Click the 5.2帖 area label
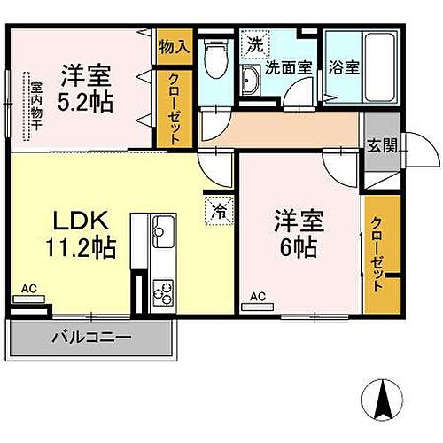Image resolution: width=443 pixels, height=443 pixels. point(87,102)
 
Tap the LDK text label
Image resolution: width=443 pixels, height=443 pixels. point(82,220)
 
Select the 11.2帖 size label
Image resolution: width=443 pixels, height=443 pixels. point(82,247)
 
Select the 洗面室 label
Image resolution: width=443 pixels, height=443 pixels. point(289,68)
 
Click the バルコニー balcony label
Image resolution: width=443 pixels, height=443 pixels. point(90,337)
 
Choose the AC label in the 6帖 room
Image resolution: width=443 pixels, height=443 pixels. point(258,296)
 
